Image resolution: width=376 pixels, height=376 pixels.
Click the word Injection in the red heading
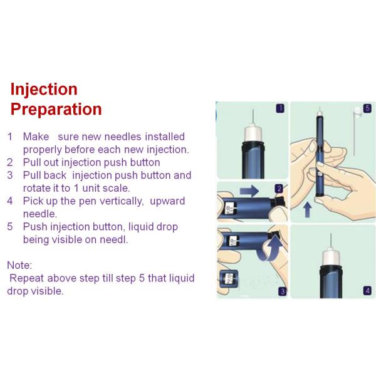pos(44,89)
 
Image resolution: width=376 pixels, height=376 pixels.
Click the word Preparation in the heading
pos(56,109)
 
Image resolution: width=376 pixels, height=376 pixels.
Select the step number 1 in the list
pos(10,137)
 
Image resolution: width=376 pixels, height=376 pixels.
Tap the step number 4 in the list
pos(10,201)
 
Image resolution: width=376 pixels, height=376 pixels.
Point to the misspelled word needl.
pos(115,240)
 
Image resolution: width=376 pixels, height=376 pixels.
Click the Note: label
pos(19,266)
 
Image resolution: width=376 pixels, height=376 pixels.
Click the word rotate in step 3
pos(37,188)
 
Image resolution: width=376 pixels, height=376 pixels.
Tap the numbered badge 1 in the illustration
pos(280,108)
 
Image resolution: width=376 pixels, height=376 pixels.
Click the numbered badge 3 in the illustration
pos(282,291)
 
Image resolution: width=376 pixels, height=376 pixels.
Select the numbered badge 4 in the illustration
pos(367,291)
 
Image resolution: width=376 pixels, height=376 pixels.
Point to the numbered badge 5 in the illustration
pos(367,108)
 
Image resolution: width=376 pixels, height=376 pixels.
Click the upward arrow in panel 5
pos(308,208)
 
